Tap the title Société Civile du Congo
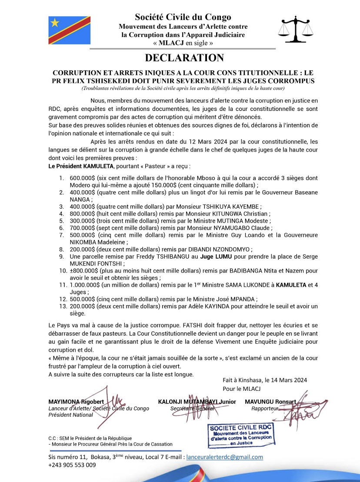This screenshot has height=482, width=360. [x=183, y=17]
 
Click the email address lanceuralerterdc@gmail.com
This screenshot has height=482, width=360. [x=224, y=457]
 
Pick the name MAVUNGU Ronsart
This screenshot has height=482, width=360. [x=270, y=402]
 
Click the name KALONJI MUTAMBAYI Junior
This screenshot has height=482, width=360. [x=197, y=402]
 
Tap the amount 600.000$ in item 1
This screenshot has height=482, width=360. [x=82, y=178]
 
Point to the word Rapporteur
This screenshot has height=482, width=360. [x=264, y=409]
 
